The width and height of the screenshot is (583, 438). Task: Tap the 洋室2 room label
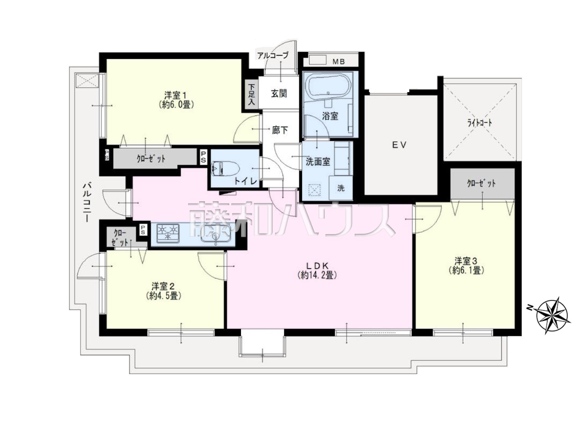(x=163, y=287)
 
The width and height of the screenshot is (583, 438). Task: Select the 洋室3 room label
(x=465, y=261)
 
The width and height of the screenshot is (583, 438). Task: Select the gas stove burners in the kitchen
(x=168, y=233)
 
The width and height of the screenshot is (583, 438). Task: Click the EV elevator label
(x=399, y=145)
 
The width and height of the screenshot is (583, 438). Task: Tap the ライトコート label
(x=480, y=123)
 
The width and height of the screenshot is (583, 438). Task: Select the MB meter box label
(x=339, y=62)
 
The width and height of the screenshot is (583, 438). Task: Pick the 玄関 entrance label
(x=279, y=94)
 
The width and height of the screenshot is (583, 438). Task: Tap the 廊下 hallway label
(x=280, y=130)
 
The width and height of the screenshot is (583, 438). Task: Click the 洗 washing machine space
(x=341, y=188)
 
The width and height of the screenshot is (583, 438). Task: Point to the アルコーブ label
(x=273, y=56)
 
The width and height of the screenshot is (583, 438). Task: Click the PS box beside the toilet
(x=203, y=157)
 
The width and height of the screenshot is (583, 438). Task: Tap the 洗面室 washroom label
(x=318, y=162)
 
